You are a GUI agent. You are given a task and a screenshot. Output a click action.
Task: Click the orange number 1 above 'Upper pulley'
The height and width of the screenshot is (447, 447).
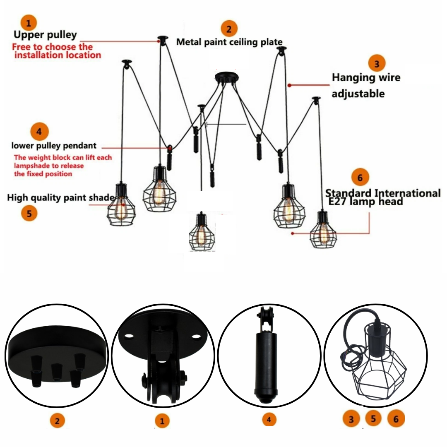click(x=29, y=22)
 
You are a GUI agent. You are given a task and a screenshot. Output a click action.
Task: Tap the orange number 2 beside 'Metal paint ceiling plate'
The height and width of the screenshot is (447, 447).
click(x=229, y=29)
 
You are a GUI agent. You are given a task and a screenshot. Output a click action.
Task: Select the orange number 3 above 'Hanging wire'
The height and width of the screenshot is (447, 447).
click(x=377, y=64)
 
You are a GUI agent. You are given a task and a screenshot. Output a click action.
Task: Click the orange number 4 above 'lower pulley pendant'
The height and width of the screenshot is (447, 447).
click(x=39, y=132)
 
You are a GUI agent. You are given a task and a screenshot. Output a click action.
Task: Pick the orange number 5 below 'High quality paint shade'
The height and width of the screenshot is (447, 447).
click(x=29, y=214)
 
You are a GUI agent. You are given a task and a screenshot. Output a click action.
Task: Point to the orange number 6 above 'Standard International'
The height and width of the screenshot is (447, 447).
click(x=360, y=178)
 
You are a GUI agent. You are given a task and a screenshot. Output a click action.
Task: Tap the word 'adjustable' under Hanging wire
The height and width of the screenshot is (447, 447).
click(x=358, y=94)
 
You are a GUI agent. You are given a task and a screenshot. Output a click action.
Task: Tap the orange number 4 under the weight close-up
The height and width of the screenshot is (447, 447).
click(x=269, y=420)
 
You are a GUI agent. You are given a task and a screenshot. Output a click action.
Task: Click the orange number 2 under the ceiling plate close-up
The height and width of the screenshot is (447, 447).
click(x=58, y=421)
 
